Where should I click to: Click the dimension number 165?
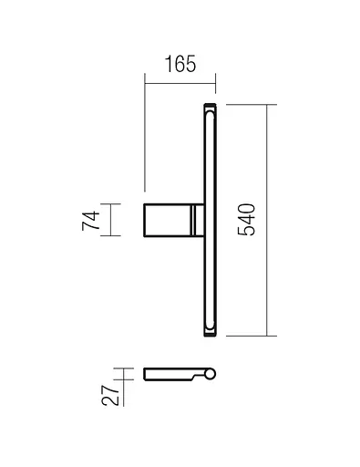click(180, 67)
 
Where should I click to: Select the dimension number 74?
click(90, 220)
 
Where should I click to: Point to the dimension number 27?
click(108, 394)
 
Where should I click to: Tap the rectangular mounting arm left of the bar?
click(168, 220)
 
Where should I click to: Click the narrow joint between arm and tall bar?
click(194, 220)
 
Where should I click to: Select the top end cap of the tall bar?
click(209, 109)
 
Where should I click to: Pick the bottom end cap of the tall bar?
click(209, 330)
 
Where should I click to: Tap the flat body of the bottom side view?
click(169, 373)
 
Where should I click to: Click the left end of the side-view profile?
click(146, 373)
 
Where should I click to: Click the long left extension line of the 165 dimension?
click(145, 137)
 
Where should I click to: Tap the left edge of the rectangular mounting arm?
click(145, 220)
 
